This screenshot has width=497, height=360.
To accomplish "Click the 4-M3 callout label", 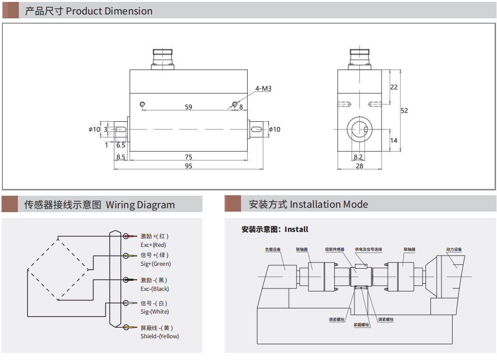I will (x=263, y=88).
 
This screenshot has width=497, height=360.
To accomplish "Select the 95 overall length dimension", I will (x=188, y=166).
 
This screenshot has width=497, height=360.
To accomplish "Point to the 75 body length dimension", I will (x=188, y=157).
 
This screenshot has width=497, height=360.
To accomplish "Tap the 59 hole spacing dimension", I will (x=188, y=107).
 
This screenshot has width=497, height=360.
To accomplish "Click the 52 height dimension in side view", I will (x=404, y=111).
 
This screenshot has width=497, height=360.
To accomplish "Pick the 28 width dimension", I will (x=359, y=166).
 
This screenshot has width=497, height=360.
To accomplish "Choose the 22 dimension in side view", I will (x=394, y=87).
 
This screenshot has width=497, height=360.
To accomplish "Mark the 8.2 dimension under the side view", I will (x=358, y=157).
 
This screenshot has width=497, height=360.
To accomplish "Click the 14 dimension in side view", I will (x=394, y=141).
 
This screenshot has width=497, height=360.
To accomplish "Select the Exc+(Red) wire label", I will (x=153, y=245).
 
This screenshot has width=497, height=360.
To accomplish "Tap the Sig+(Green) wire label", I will (x=156, y=264).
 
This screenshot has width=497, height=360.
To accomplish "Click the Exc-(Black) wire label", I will (x=155, y=289).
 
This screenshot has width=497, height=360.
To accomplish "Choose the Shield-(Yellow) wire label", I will (x=159, y=336).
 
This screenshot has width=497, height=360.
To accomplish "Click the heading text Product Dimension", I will (x=109, y=11).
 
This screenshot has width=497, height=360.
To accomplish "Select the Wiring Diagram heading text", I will (x=140, y=205).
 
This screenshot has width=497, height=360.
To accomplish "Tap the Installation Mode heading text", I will (x=329, y=204).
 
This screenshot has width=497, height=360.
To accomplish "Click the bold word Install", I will (x=296, y=230).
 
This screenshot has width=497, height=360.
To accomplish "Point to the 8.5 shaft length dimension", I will (x=121, y=157).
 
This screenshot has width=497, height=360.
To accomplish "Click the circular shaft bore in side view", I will (x=359, y=130).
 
